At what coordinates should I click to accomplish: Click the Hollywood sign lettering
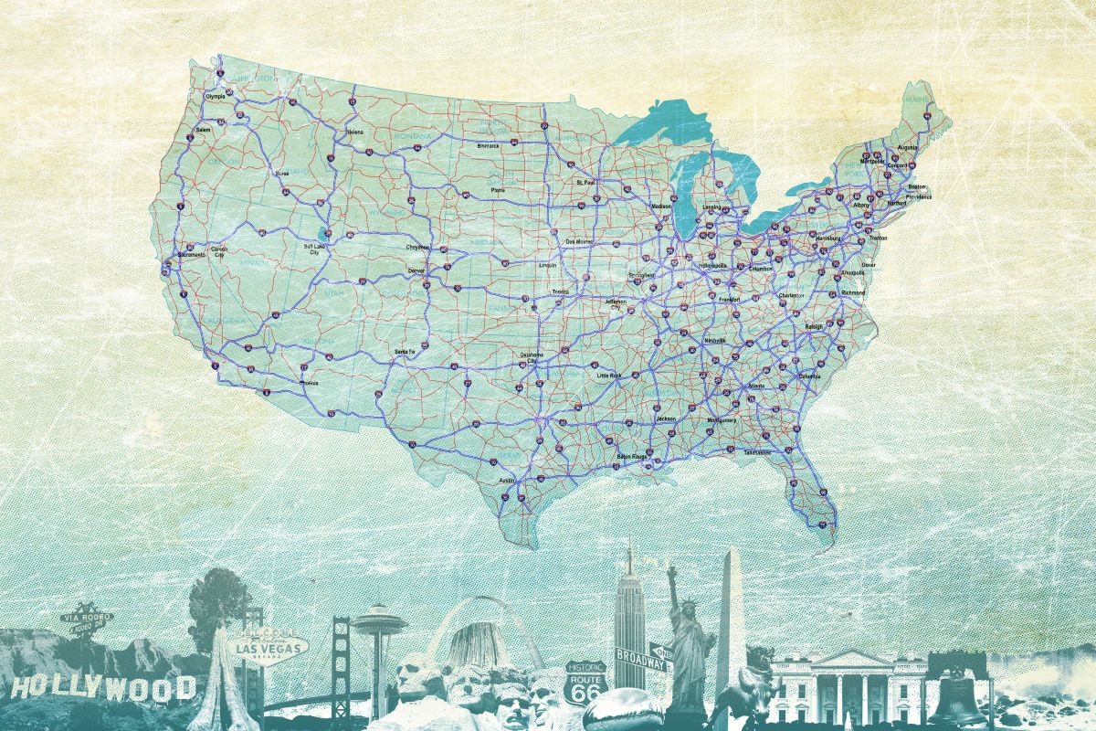[103, 686]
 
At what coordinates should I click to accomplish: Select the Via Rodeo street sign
[87, 618]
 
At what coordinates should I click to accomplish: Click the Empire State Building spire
[628, 557]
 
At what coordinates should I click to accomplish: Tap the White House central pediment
[848, 660]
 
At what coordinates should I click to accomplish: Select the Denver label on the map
[416, 271]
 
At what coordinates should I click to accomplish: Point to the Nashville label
[714, 340]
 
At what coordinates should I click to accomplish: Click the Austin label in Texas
[507, 480]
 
